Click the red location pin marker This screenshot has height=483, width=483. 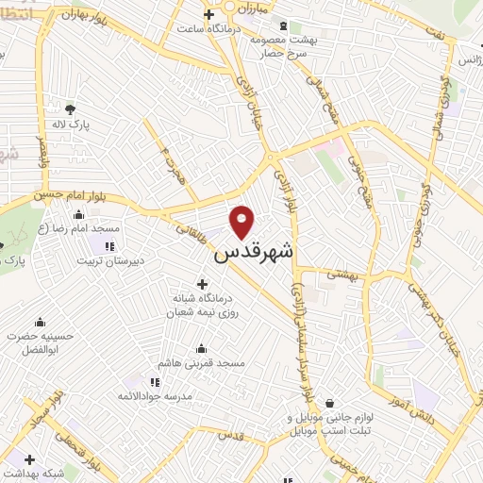[243, 221]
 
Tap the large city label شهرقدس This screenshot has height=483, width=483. [254, 252]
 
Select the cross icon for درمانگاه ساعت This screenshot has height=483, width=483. [209, 13]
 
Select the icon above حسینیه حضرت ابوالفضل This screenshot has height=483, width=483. [40, 322]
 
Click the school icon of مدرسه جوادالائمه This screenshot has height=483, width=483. [155, 382]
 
